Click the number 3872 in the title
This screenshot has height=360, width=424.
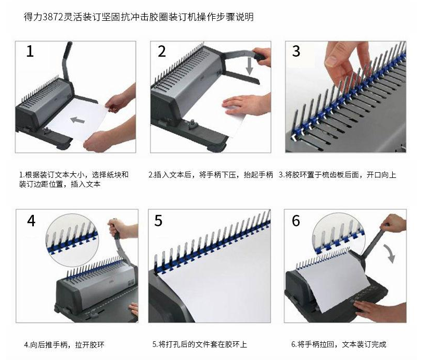53,17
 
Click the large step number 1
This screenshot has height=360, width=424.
30,51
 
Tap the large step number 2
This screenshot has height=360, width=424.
161,51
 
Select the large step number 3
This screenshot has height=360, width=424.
296,51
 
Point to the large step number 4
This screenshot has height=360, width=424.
31,221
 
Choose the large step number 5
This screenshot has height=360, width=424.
158,221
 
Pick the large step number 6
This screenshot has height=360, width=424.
296,221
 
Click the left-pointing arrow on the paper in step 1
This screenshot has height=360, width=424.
78,120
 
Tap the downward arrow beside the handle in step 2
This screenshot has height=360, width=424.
249,66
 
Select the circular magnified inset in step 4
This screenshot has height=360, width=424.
72,240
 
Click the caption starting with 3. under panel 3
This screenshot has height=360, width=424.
338,175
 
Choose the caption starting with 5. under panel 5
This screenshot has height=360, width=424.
200,344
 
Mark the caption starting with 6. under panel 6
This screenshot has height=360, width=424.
339,344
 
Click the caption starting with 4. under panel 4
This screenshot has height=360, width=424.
64,345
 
